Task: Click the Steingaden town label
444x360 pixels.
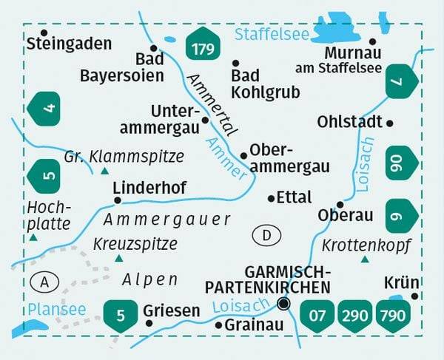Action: pos(68,44)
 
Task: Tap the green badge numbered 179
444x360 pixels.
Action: pos(202,47)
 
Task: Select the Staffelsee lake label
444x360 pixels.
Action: pos(271,33)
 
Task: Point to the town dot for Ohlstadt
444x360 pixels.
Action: pos(390,123)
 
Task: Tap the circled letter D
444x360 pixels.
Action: pos(266,236)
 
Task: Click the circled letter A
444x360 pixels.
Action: pos(45,281)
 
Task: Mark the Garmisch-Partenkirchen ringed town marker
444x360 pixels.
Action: pos(283,303)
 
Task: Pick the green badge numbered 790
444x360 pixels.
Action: pos(392,316)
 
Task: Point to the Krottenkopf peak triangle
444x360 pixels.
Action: pos(364,259)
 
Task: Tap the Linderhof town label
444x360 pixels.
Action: pos(149,188)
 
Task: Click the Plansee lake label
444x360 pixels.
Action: pos(56,308)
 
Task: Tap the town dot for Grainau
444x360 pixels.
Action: pos(218,325)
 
